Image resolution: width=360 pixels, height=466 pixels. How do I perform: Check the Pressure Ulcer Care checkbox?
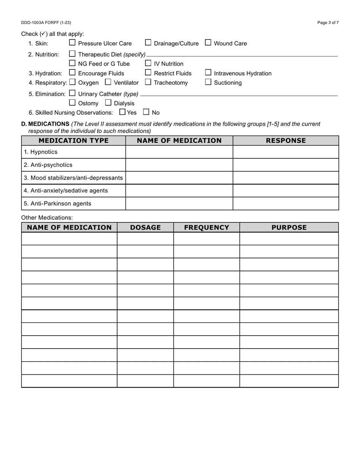72,43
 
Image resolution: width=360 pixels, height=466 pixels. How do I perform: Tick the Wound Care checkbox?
208,43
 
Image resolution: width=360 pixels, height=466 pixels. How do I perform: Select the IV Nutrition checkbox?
148,63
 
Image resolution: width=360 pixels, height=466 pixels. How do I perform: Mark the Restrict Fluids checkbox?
148,73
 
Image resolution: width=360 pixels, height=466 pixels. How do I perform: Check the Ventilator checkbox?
108,82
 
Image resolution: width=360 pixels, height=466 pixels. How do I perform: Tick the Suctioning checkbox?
208,82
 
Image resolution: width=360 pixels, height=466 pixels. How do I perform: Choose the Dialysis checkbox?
108,103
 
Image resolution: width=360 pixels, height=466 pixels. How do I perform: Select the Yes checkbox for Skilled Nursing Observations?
122,112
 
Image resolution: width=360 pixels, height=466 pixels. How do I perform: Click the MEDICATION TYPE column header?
74,141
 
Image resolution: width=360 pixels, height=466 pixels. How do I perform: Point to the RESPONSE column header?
286,141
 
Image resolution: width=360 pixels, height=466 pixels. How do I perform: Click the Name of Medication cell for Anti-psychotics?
179,165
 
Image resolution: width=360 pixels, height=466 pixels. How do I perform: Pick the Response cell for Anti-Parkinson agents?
286,203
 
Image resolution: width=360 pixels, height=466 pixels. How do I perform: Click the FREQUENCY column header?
207,227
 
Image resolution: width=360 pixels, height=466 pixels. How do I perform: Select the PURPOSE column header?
289,227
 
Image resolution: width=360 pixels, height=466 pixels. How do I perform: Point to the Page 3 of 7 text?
328,23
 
